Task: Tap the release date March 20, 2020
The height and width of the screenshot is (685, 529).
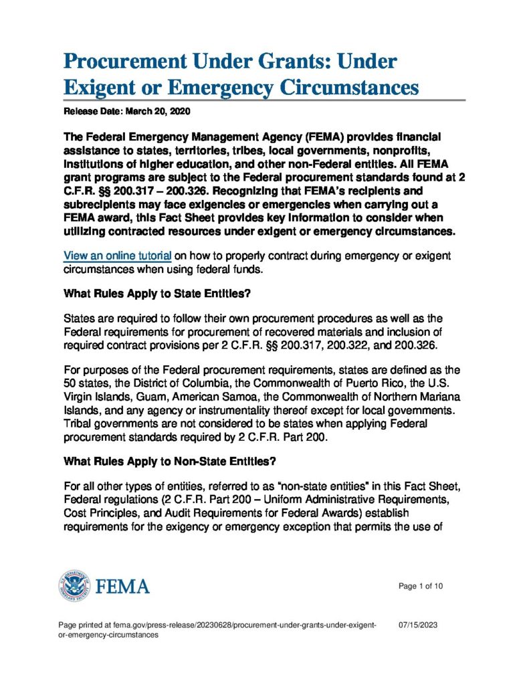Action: pos(158,110)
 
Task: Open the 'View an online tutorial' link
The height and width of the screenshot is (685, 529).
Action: pos(118,256)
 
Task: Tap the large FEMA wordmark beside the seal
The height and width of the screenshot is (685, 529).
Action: pos(123,587)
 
